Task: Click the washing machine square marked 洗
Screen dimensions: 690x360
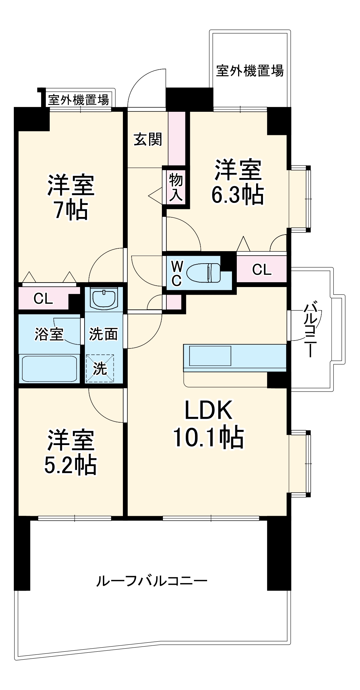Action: pos(100,368)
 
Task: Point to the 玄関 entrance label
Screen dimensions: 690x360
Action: pos(148,139)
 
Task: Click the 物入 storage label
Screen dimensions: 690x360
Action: pos(176,187)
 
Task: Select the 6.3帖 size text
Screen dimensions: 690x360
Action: pos(237,195)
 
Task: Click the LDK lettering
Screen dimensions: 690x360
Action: pos(208,410)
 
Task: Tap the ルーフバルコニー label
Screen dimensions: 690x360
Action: pos(152,581)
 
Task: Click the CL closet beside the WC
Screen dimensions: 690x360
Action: pos(262,269)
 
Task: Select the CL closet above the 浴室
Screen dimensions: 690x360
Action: pos(43,298)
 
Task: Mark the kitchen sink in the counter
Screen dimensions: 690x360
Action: pos(210,356)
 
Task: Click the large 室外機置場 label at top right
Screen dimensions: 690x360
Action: pos(250,71)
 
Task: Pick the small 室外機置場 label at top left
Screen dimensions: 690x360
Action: pos(78,100)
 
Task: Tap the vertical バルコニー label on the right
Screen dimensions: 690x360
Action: pos(310,330)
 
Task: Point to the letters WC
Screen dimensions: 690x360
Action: pos(176,273)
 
